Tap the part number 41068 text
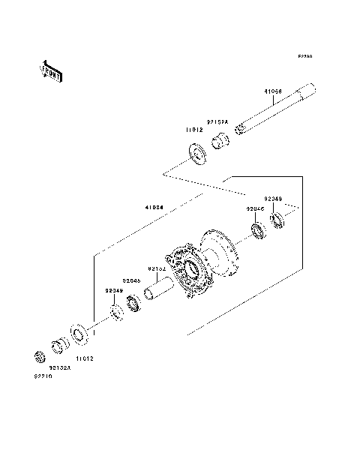tap(272, 94)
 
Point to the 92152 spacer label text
tap(156, 268)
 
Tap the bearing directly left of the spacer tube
tap(136, 303)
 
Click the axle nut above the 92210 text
tap(40, 355)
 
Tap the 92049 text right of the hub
tap(274, 199)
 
